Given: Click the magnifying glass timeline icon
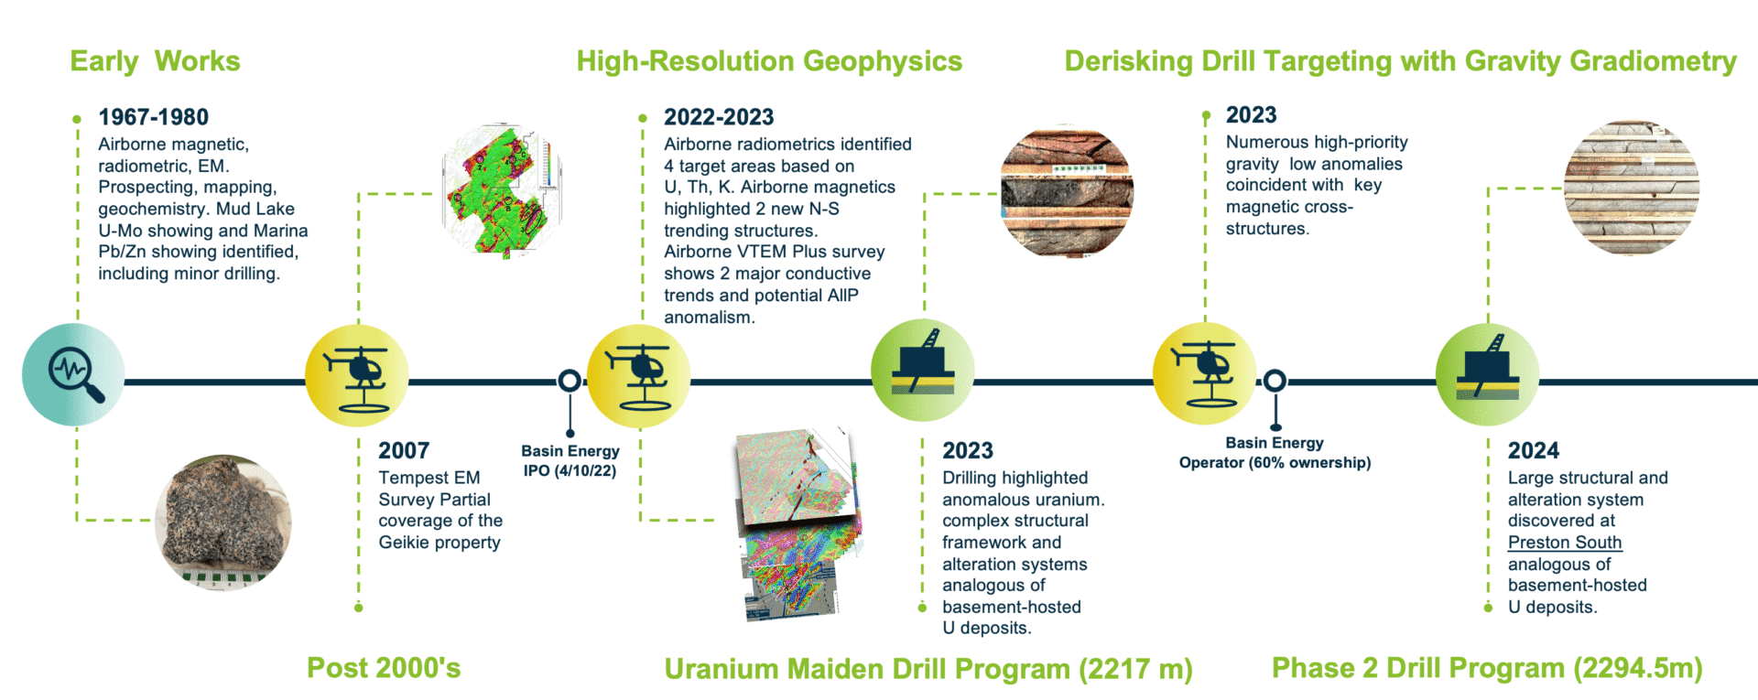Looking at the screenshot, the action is point(73,374).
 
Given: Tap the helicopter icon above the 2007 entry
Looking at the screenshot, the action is point(356,375).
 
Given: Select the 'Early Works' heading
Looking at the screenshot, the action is point(155,61).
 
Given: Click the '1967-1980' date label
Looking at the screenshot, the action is point(154,117).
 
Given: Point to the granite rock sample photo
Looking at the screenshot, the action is point(223,522).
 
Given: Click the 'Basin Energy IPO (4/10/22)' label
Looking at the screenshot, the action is point(570,461).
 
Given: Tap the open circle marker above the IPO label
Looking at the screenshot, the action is point(570,381).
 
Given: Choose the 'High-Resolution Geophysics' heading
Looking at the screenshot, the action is point(769,61).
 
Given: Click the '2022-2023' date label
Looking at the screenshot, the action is point(719,117).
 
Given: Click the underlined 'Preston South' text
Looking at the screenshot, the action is point(1565,543).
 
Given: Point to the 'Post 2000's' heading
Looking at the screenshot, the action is point(384,668).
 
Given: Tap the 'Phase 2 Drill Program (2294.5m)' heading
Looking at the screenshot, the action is point(1487,668).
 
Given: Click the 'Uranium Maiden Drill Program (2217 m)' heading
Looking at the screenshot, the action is point(928,669).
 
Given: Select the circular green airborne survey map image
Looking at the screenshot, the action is point(501,191).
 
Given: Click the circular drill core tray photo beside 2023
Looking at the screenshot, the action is point(1067,192).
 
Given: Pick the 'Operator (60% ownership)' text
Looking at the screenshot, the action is point(1275,463).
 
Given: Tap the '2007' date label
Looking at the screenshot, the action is point(404,450).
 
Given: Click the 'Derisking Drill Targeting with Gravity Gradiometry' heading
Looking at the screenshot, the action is point(1400,61).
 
